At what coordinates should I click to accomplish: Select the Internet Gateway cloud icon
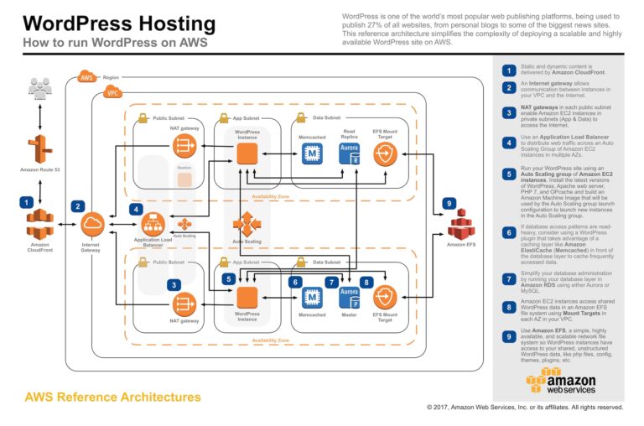coord(91,224)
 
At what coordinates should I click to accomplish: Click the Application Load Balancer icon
coord(152,224)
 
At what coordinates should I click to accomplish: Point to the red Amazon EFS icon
coord(460,225)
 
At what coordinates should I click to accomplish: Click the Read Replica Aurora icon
coord(349,153)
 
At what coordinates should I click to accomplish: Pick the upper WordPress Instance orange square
coord(246,153)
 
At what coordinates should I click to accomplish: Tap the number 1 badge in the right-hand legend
coord(507,71)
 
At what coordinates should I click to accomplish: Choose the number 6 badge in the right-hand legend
coord(507,232)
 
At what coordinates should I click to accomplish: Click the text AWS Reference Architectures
coord(112,397)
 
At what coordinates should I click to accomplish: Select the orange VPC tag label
coord(111,94)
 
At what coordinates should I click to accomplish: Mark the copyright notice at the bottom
coord(524,408)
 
